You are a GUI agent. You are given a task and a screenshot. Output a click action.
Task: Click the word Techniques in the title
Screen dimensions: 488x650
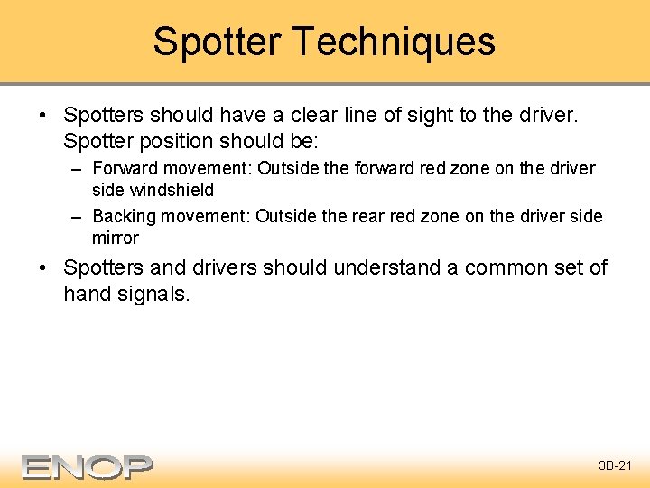pos(394,42)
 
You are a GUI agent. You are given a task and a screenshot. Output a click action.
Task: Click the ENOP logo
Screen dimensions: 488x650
pos(88,466)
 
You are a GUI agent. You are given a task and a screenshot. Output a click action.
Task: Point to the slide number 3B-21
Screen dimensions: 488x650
pos(617,466)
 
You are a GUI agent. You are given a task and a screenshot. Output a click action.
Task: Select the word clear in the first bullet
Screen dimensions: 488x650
pos(308,116)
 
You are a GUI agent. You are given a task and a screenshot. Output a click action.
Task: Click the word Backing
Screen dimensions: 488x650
pos(125,216)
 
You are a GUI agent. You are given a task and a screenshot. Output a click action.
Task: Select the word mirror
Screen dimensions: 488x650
pos(115,239)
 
